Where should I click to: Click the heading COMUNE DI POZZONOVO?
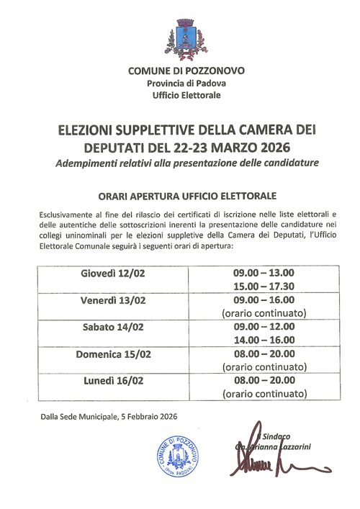[186, 71]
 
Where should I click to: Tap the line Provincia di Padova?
[186, 84]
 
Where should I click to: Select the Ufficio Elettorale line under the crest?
[186, 95]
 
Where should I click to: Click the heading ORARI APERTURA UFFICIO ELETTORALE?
[186, 196]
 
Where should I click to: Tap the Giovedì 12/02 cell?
[113, 274]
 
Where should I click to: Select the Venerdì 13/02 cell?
[113, 300]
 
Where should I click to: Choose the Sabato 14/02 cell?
[113, 327]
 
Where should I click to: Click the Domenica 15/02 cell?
[113, 354]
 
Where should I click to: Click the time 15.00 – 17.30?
[264, 287]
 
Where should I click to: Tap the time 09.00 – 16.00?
[264, 300]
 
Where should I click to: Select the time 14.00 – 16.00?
[264, 340]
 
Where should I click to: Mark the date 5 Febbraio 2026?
[143, 417]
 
